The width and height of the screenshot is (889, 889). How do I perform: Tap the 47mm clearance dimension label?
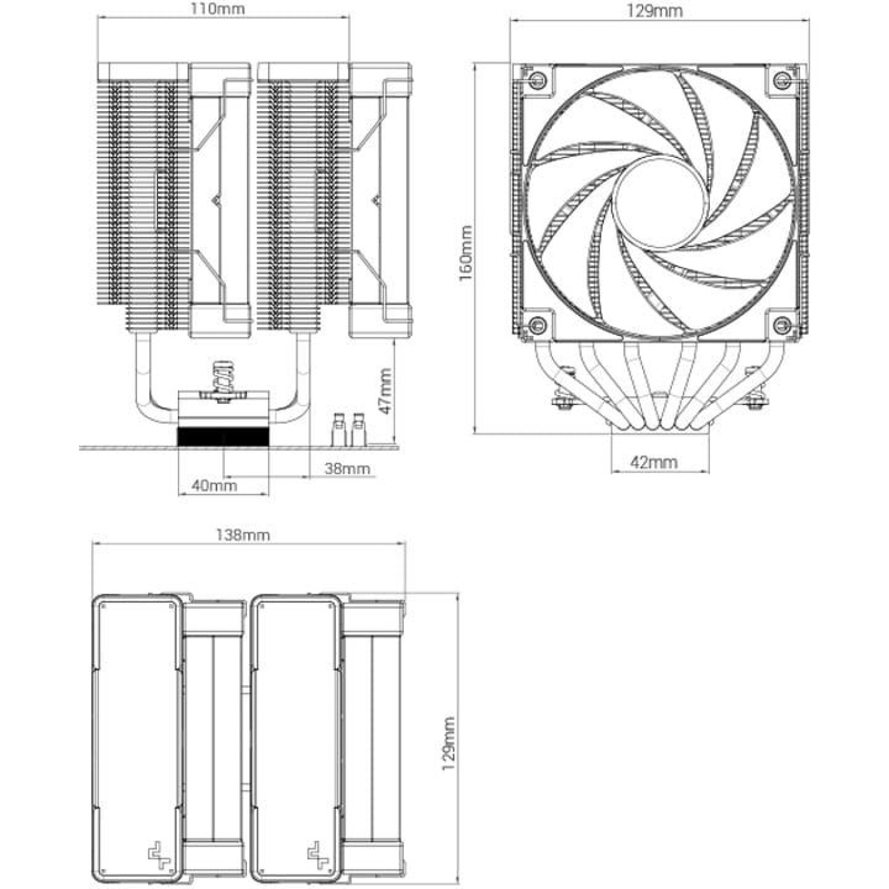point(385,391)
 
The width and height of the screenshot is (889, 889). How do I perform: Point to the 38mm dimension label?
point(347,469)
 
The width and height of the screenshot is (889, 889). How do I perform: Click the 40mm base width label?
point(215,486)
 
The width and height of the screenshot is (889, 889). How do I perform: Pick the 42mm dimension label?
point(653,462)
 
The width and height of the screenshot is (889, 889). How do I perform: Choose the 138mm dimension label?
point(243,535)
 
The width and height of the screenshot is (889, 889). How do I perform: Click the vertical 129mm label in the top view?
point(449,744)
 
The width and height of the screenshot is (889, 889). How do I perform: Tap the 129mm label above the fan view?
point(654,11)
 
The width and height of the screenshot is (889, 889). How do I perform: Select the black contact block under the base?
point(222,436)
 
